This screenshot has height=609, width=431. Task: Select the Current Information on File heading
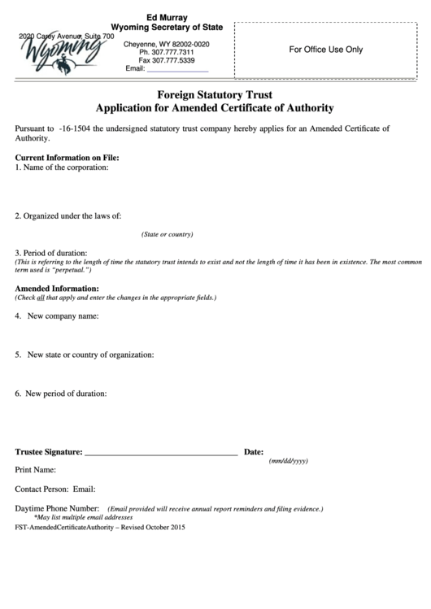pos(67,157)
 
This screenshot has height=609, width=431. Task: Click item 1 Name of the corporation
pos(62,167)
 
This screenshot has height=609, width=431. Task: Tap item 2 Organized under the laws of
pos(68,215)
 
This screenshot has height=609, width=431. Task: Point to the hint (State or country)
pos(167,234)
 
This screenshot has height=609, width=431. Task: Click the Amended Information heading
pos(57,289)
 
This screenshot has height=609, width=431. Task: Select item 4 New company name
pos(57,315)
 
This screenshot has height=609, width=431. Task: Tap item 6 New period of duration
pos(61,394)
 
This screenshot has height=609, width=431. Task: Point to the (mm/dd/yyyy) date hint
pos(289,461)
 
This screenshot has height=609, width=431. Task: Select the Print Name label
pos(36,470)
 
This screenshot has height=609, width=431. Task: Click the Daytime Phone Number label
pos(57,508)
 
